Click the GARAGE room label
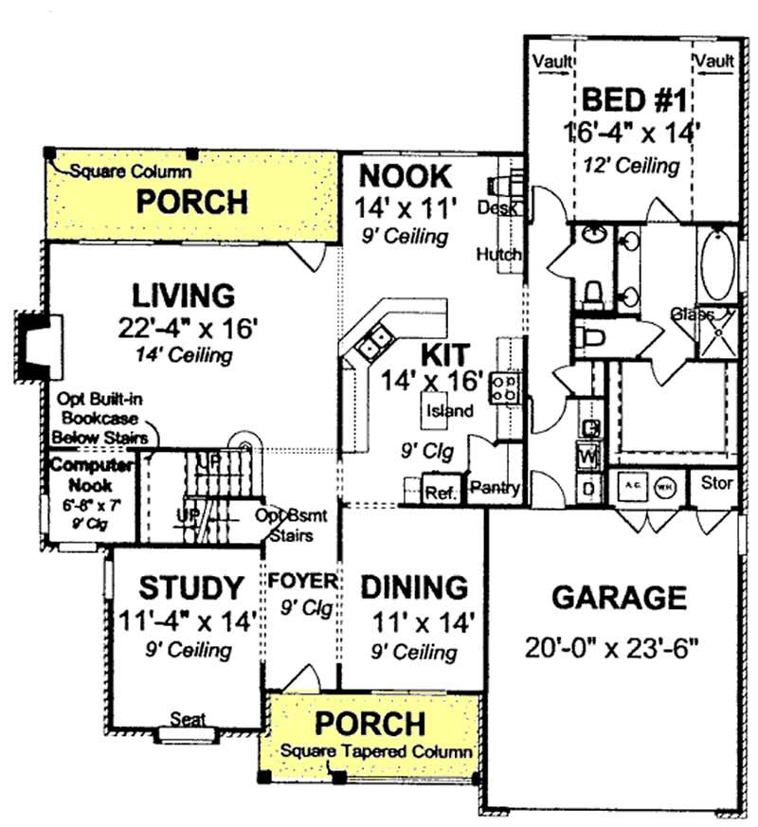tap(619, 598)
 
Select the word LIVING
tap(183, 295)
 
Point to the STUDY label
tap(190, 588)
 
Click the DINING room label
tap(415, 587)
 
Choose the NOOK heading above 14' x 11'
tap(405, 176)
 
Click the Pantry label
tap(494, 489)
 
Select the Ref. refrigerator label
tap(441, 494)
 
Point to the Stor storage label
tap(716, 483)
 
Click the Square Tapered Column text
tap(376, 752)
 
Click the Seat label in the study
tap(186, 719)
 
